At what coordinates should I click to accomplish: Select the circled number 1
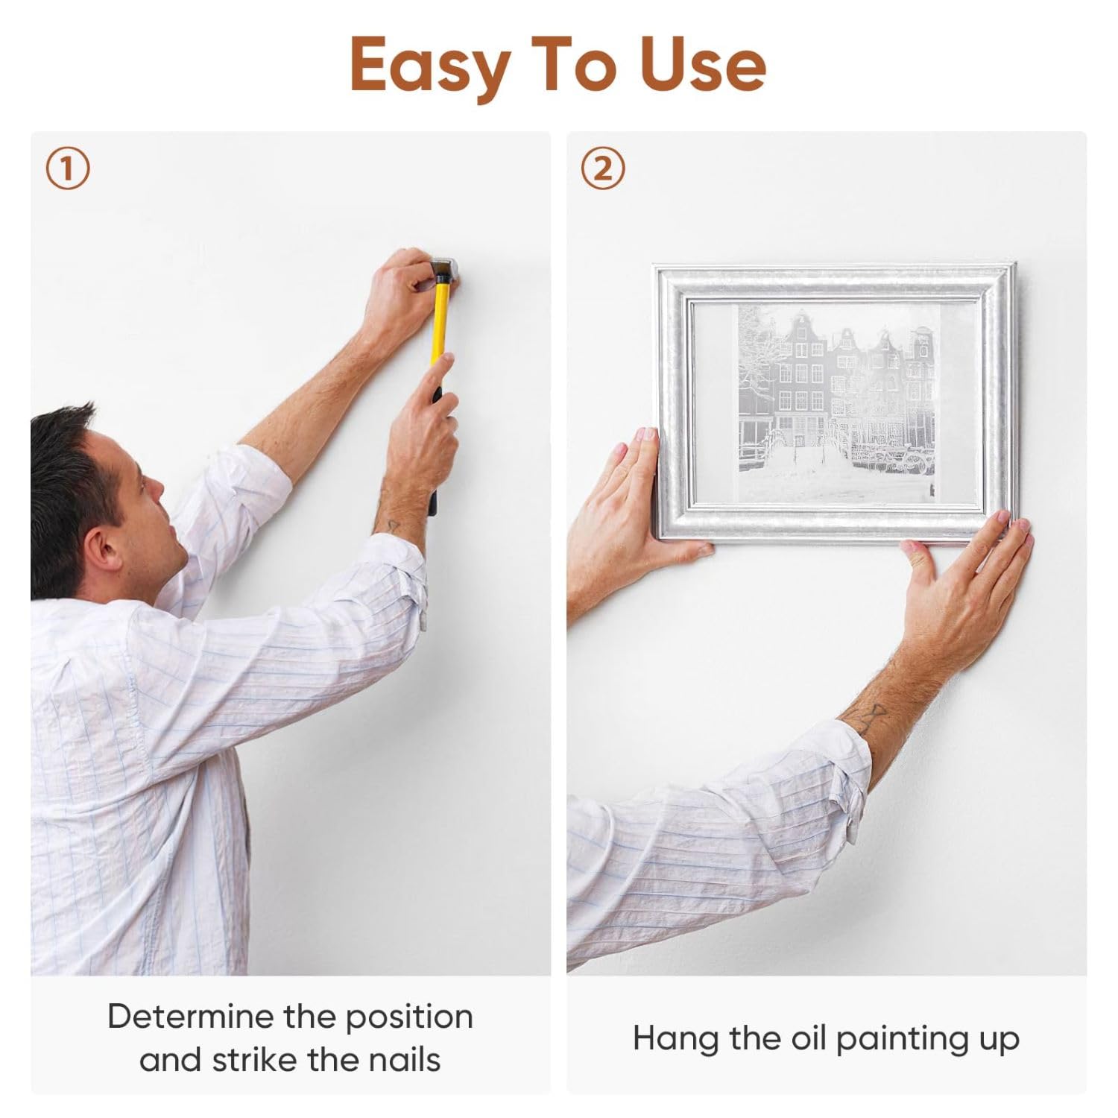click(x=67, y=170)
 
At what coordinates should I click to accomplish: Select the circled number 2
click(x=603, y=170)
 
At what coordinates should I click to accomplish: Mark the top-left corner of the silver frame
click(x=654, y=265)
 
